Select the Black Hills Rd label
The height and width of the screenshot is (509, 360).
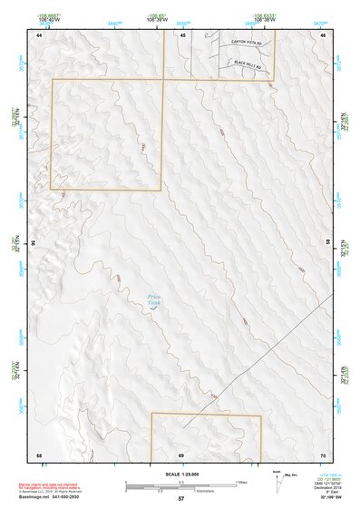(x=248, y=66)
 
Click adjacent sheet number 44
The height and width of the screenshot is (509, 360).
(x=39, y=34)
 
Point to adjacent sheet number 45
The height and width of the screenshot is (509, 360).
(x=181, y=34)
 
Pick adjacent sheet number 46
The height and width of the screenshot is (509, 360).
(x=322, y=34)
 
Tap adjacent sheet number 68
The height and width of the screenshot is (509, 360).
(x=39, y=454)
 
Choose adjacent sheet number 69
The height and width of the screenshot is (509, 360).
(x=181, y=454)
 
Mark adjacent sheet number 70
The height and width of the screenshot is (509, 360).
(x=322, y=454)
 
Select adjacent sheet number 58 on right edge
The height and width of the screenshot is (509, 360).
(x=328, y=243)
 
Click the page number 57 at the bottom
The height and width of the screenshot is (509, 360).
(x=181, y=500)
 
